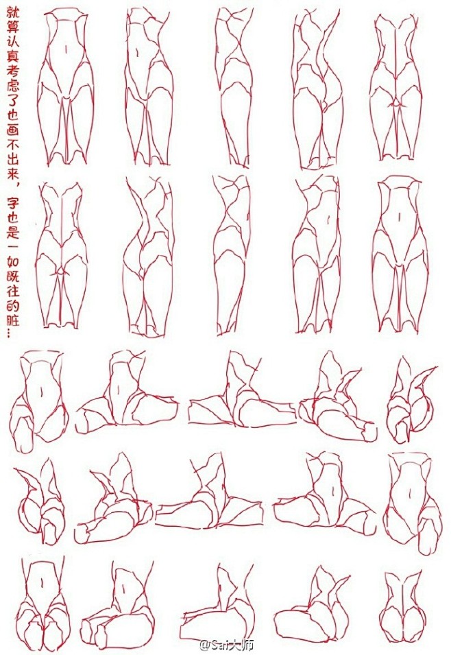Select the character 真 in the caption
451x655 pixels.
(12, 57)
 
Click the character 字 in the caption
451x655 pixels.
(12, 204)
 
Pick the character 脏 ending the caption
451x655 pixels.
(12, 321)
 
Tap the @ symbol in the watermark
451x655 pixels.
(205, 645)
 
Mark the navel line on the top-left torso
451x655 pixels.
(66, 49)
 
